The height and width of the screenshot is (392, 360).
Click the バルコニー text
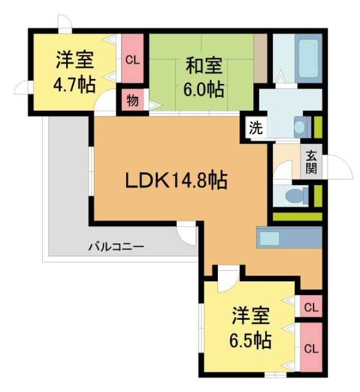pos(116,247)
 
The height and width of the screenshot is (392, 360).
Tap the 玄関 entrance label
pos(312,162)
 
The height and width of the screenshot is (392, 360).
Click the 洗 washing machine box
pos(256,129)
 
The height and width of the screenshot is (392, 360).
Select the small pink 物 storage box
pos(132,100)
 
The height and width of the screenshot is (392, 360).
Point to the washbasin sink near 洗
pos(299,127)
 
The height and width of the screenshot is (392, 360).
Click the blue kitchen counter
pos(288,237)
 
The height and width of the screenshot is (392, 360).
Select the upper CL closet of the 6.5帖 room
pos(310,306)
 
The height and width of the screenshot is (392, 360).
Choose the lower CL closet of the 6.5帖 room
pos(310,348)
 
